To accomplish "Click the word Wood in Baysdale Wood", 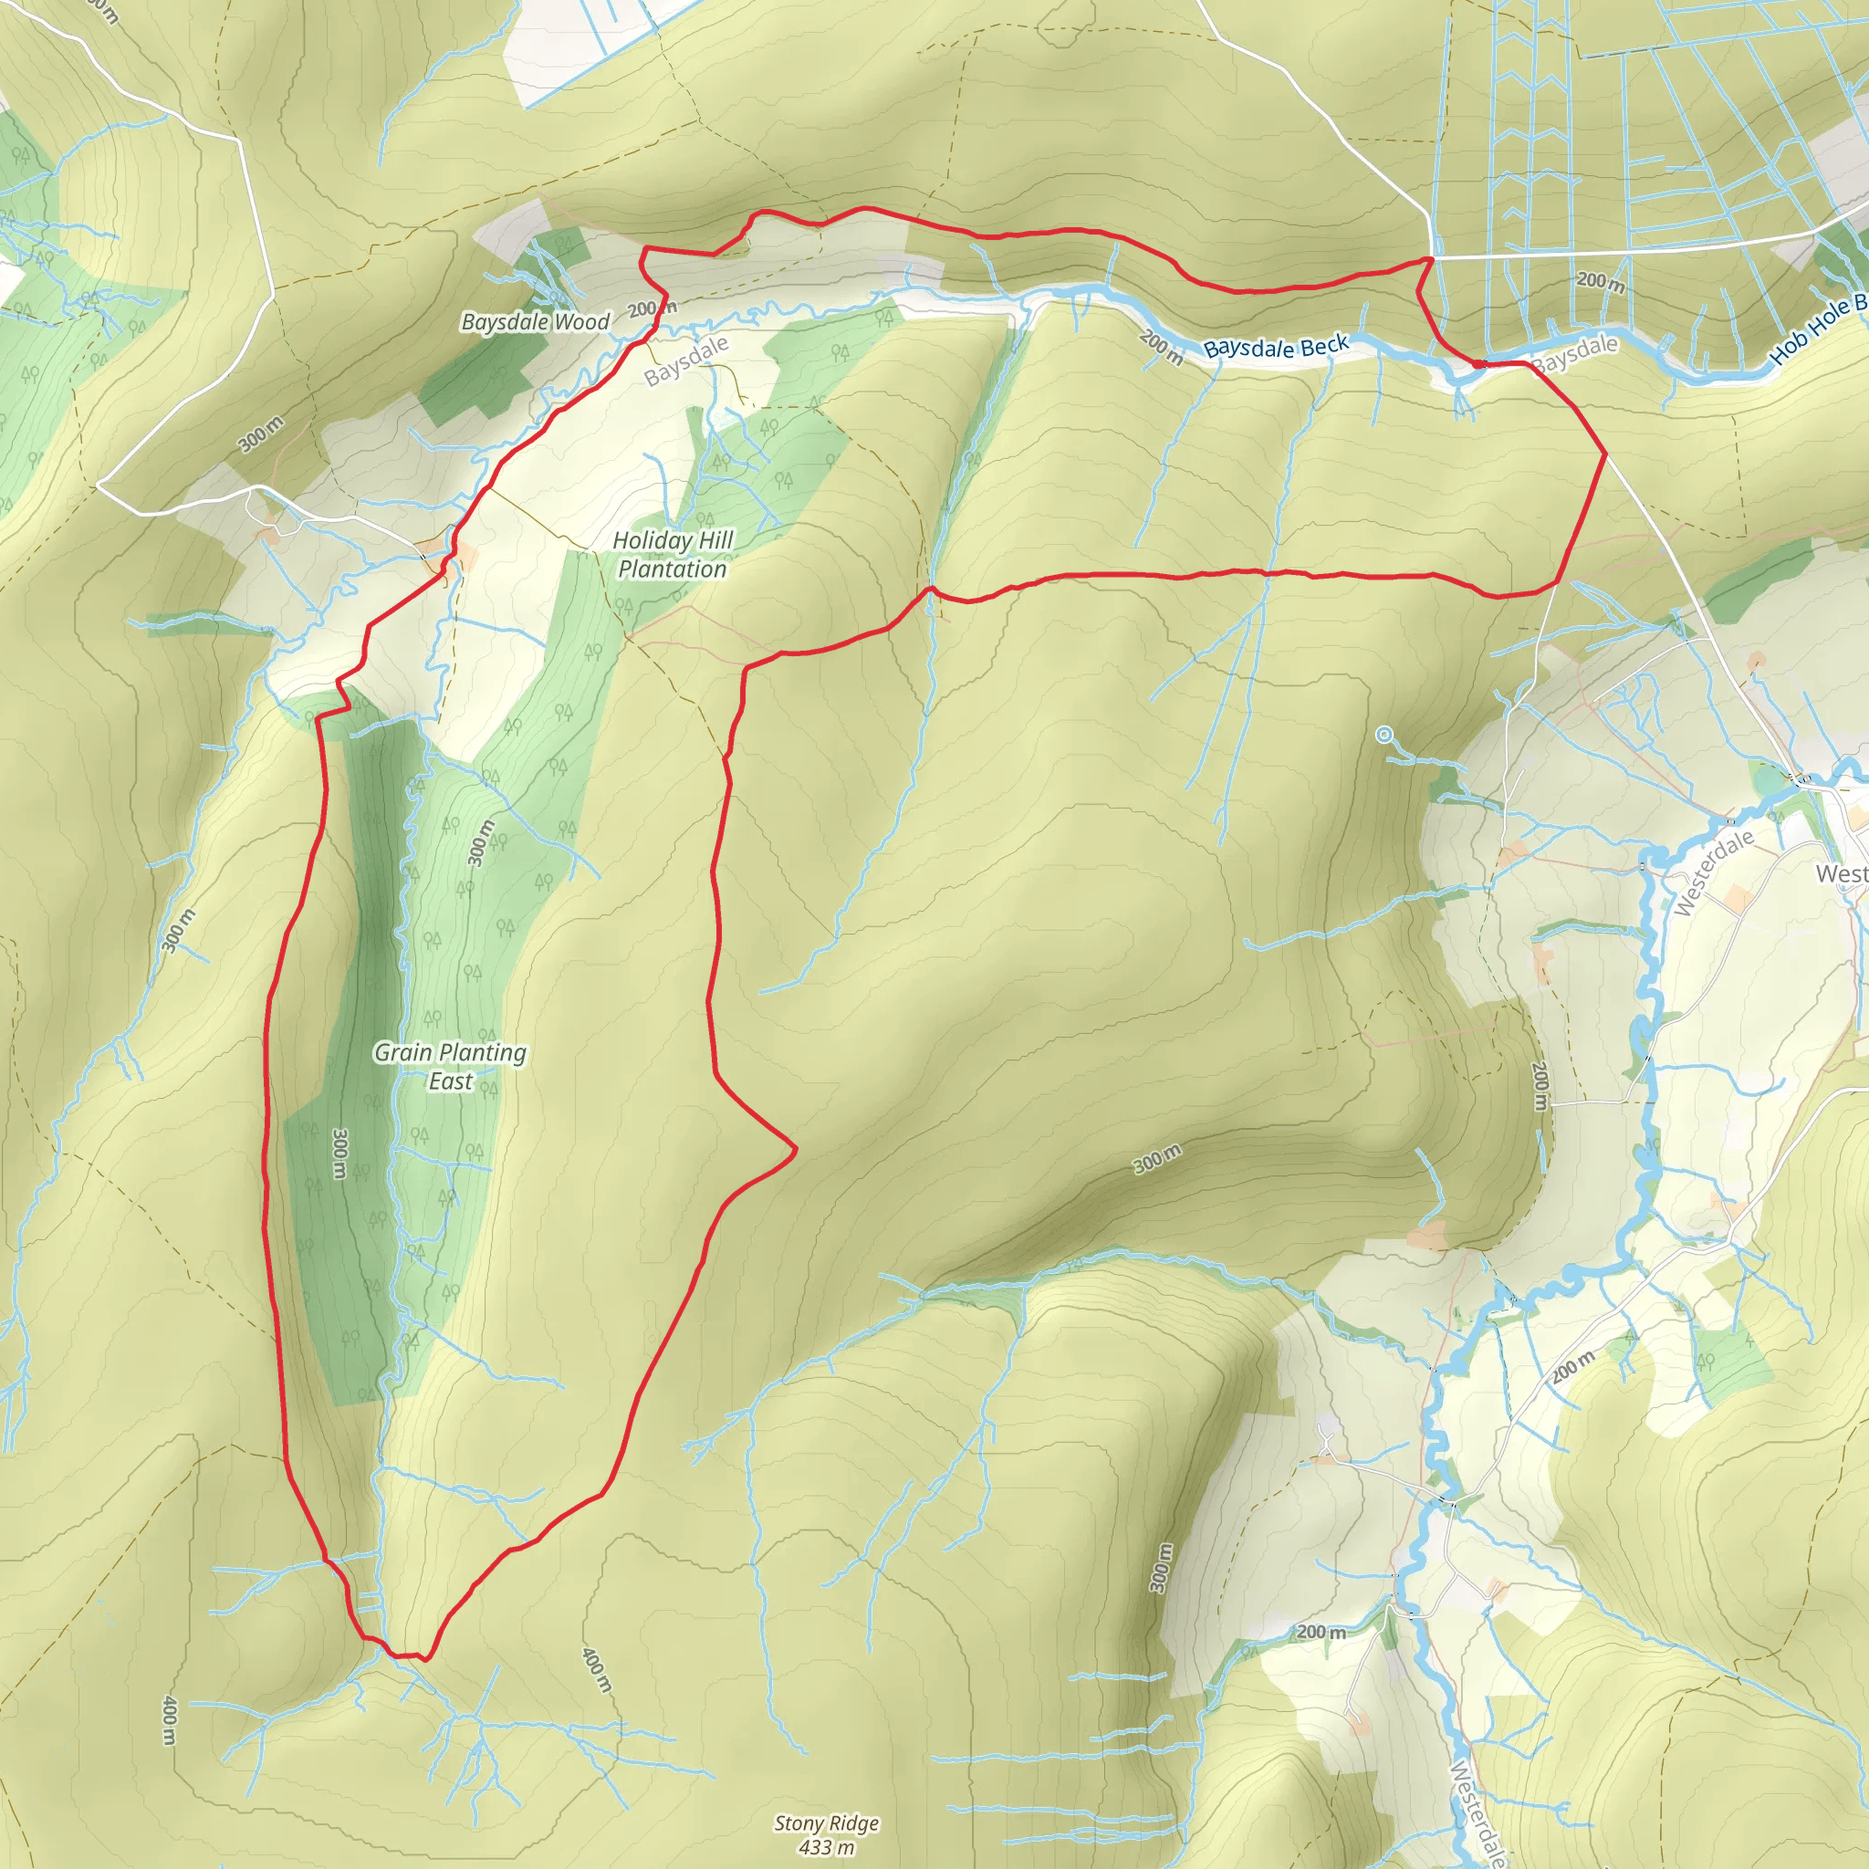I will (x=582, y=321).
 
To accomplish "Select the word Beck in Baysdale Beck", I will (x=1324, y=344).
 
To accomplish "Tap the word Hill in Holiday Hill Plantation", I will (x=715, y=540).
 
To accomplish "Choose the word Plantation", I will (x=673, y=569).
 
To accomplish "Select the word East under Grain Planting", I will (x=450, y=1081).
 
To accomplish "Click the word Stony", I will (x=799, y=1823).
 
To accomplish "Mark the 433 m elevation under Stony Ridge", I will (x=826, y=1848).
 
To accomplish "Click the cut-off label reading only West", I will (x=1841, y=873).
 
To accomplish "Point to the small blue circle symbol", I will (x=1383, y=736).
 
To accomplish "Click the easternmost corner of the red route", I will (x=1606, y=453).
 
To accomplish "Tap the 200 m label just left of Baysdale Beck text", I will (x=1161, y=349).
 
